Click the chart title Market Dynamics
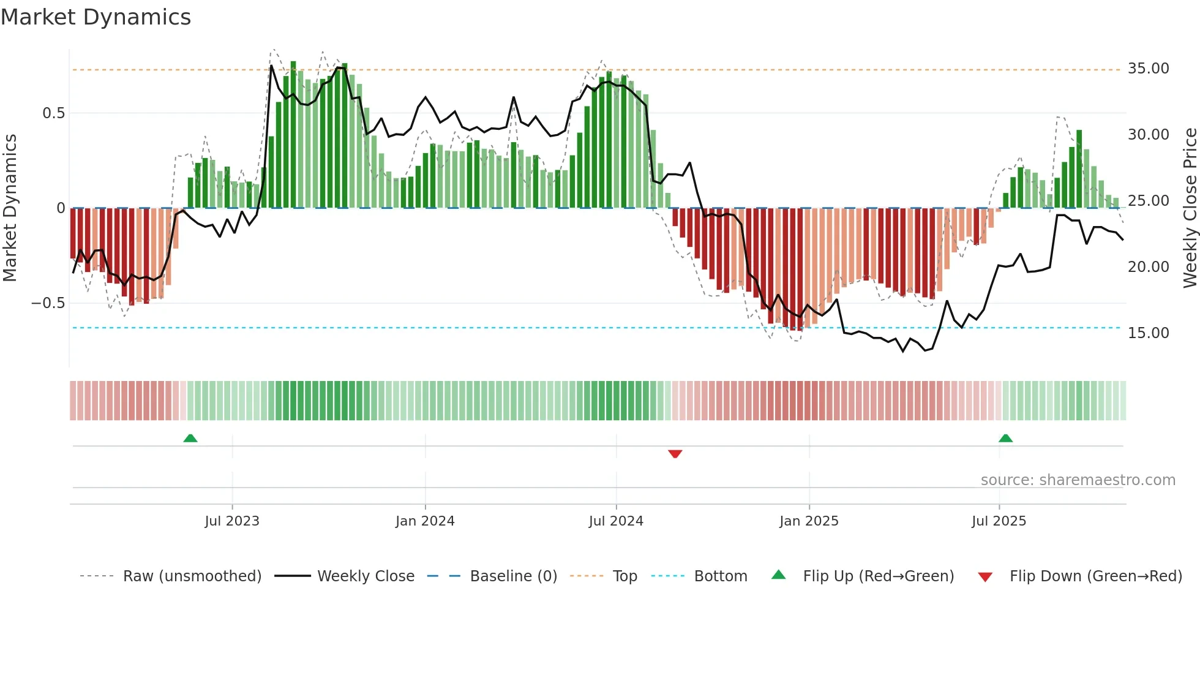click(96, 17)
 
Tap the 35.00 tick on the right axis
click(1148, 69)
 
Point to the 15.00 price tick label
click(1148, 333)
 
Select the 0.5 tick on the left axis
click(53, 113)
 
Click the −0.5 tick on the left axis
click(48, 303)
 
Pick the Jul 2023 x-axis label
click(232, 521)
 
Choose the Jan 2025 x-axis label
click(809, 521)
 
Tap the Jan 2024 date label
click(425, 521)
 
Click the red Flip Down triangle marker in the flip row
click(675, 454)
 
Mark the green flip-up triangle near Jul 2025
click(1005, 438)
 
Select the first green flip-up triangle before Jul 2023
click(190, 438)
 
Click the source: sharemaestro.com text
click(1078, 480)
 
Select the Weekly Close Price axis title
click(1190, 208)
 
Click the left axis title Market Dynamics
click(10, 208)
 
